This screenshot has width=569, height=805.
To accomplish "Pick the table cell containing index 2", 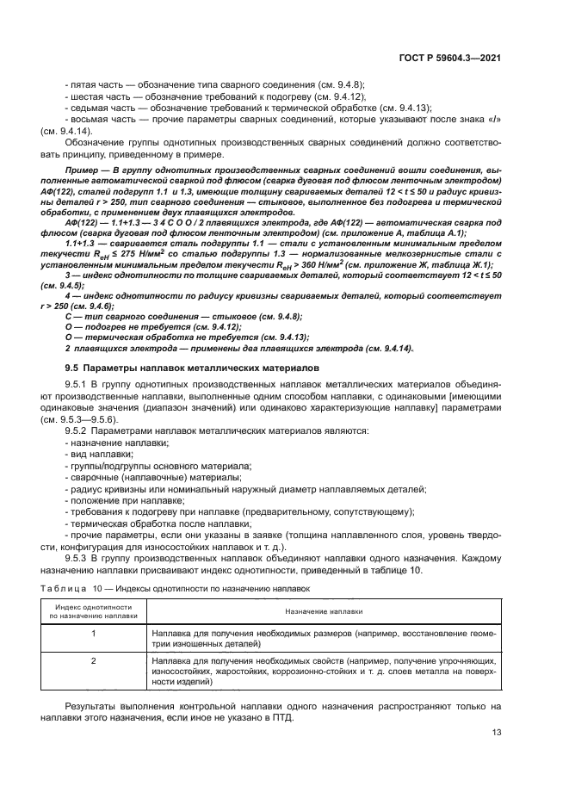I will pyautogui.click(x=94, y=660).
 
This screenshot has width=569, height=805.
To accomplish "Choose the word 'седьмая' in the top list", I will pyautogui.click(x=89, y=108).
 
